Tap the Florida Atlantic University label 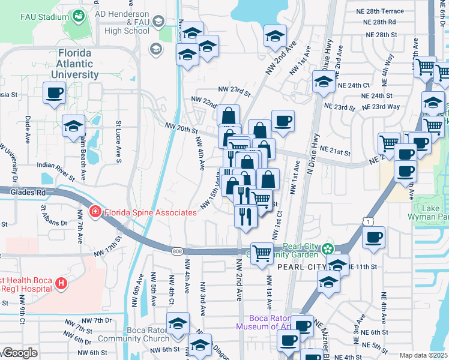tap(78, 64)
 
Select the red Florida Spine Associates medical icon tap(95, 212)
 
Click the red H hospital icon tap(60, 283)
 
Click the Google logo tap(20, 353)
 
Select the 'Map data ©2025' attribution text tap(423, 355)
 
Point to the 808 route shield tap(176, 251)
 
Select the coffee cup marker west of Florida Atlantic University tap(54, 94)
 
